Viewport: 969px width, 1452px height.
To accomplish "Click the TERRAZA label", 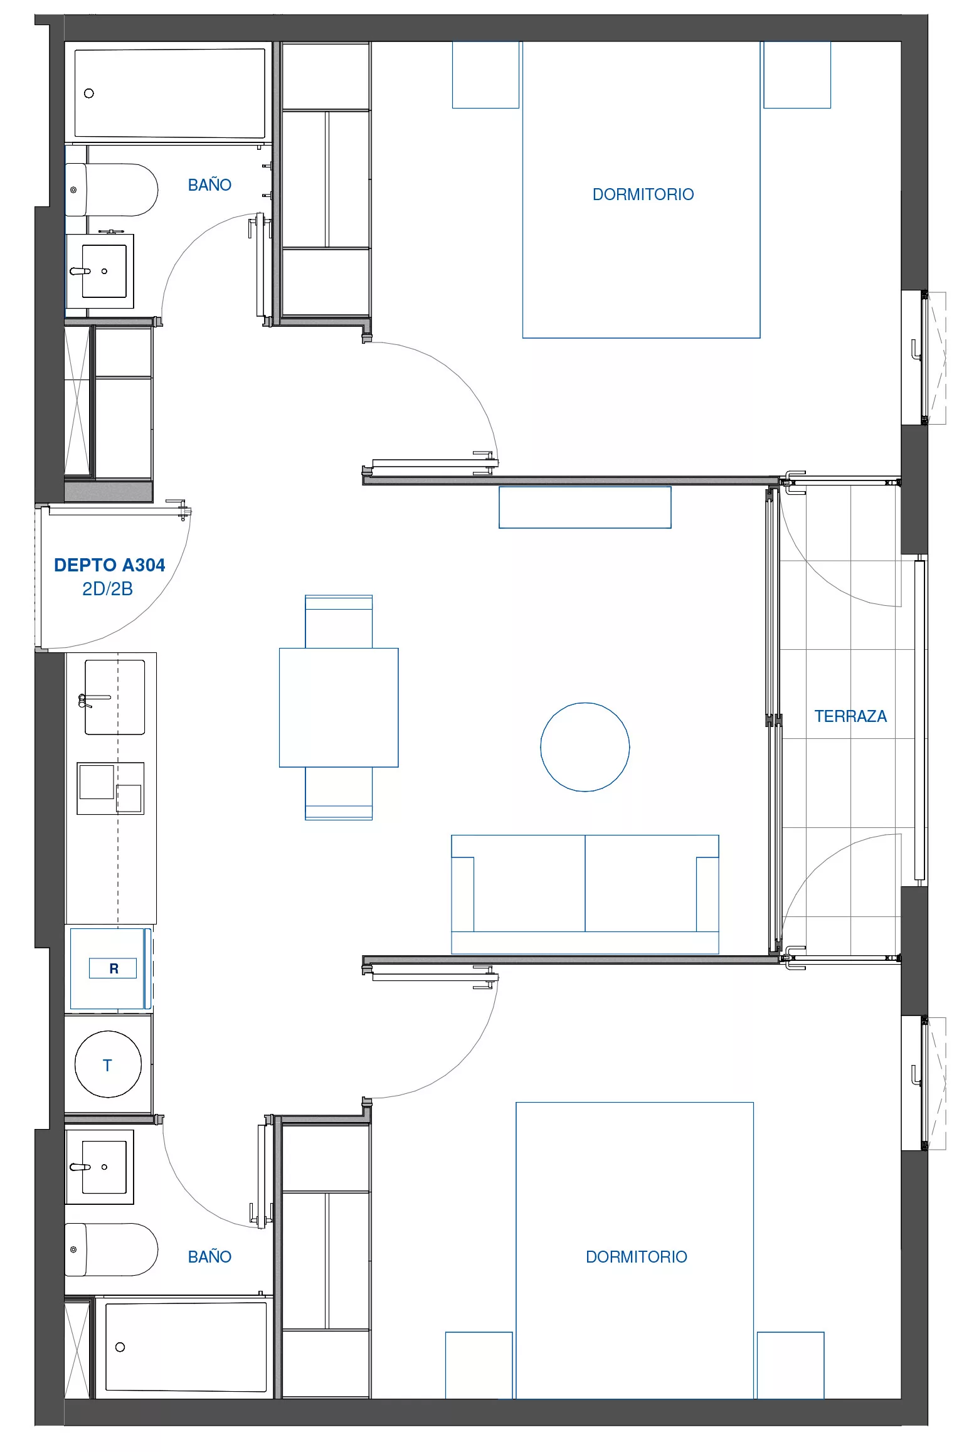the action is click(850, 716).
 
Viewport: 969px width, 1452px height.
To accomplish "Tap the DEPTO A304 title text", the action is click(110, 565).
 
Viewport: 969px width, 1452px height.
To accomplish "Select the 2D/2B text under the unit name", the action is click(107, 589).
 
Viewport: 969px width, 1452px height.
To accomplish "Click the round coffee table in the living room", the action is click(585, 747).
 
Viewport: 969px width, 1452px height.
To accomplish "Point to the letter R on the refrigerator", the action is click(114, 968).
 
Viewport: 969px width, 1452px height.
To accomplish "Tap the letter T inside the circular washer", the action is click(107, 1065).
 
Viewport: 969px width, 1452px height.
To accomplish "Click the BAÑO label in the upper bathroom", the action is click(209, 185).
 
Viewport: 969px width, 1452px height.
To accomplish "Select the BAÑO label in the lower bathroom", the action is click(209, 1256).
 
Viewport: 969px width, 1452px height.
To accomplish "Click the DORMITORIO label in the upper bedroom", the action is click(643, 194).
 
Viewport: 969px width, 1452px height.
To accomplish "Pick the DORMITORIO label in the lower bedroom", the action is click(636, 1256).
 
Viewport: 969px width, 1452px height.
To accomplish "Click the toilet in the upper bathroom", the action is click(112, 190).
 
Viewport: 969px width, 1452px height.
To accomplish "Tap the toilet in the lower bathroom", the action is click(112, 1249).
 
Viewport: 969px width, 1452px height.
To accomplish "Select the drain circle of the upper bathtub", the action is click(89, 93).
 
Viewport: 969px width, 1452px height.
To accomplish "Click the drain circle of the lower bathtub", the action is click(120, 1347).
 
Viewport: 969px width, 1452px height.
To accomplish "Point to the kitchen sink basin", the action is click(115, 697).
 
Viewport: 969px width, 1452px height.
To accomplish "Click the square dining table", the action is click(339, 707).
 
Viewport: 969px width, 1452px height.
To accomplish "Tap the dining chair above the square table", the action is click(339, 622).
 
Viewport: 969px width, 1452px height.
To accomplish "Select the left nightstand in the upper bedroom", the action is click(485, 75).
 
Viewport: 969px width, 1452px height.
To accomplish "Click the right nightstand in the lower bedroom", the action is click(790, 1365).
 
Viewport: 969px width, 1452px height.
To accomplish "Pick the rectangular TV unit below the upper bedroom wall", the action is click(585, 507).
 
